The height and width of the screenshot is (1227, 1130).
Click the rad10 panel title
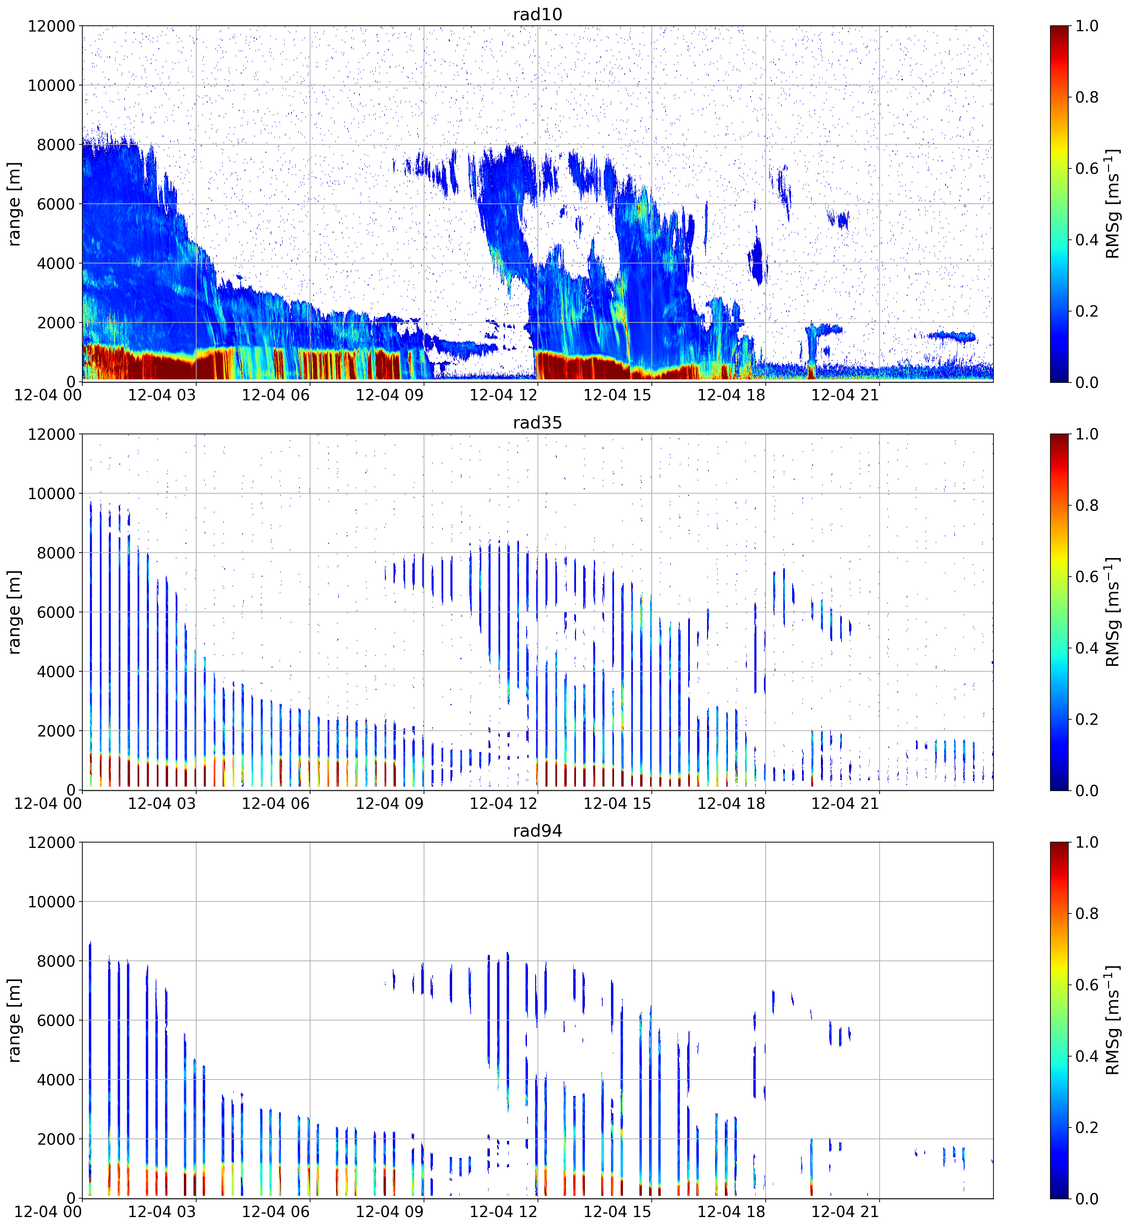538,14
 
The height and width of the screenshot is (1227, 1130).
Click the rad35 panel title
538,423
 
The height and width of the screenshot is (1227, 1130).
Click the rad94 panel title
538,831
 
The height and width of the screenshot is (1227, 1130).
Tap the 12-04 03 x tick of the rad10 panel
162,395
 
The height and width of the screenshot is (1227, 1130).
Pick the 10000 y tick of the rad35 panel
51,493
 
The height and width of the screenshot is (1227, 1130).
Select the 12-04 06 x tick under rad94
276,1212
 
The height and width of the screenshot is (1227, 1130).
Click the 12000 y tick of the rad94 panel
51,842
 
